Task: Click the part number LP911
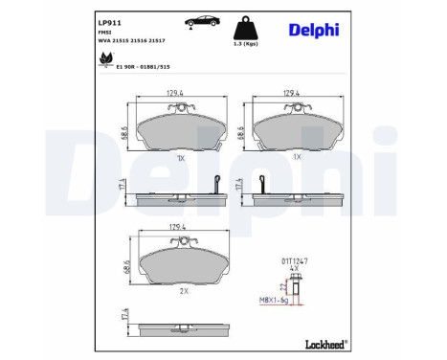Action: pyautogui.click(x=110, y=19)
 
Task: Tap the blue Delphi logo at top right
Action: pyautogui.click(x=314, y=30)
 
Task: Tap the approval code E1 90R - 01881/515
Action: pyautogui.click(x=142, y=68)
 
